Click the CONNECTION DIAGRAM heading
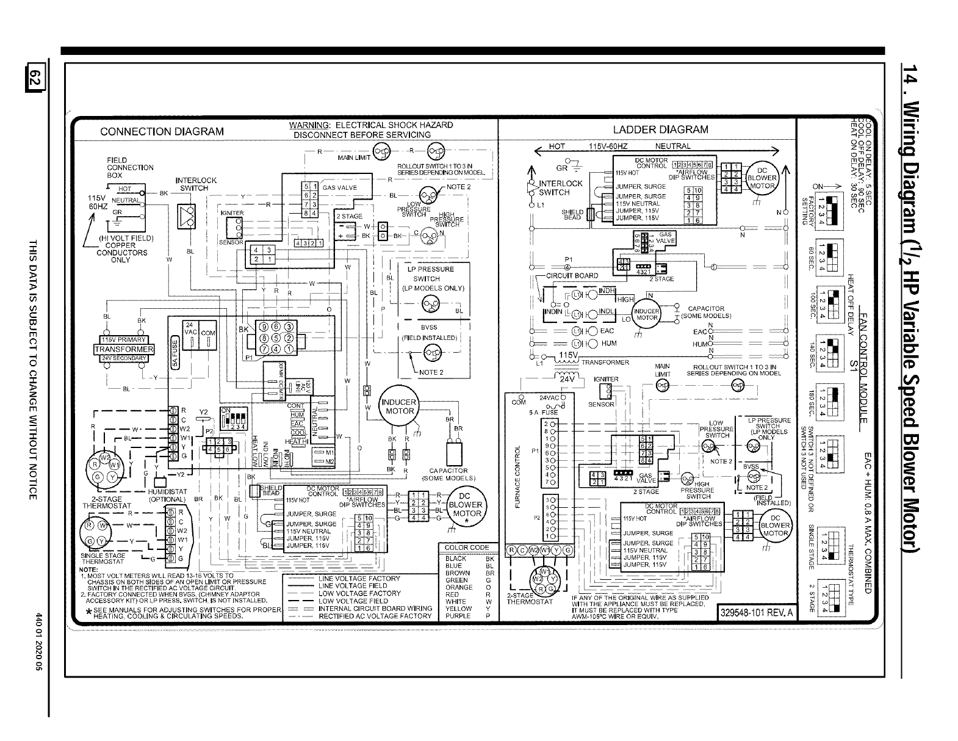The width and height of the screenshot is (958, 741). (162, 131)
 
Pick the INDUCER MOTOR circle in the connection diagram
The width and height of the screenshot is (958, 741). (398, 406)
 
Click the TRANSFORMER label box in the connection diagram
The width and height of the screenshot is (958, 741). (125, 349)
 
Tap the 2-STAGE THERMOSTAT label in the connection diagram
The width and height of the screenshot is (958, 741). (103, 502)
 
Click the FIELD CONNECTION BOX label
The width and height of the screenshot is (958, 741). (130, 167)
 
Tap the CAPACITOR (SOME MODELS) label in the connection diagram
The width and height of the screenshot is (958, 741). (448, 474)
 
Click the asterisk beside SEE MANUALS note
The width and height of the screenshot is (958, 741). (90, 613)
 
